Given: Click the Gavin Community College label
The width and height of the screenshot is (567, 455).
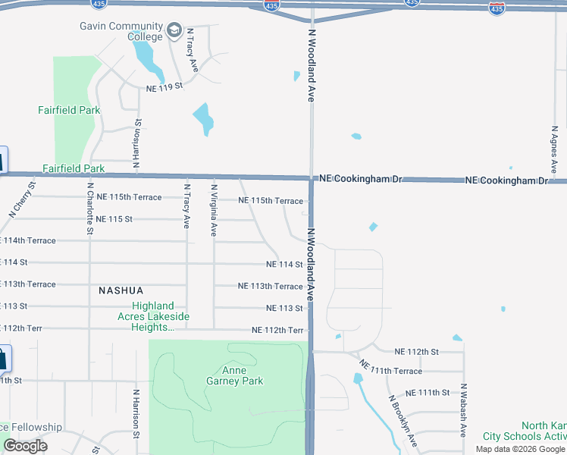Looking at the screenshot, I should click(x=121, y=31).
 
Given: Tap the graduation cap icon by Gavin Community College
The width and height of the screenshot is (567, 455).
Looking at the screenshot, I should click(x=174, y=31).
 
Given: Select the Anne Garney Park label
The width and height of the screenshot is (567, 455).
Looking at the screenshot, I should click(x=234, y=375).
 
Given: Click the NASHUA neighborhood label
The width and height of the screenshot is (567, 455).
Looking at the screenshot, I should click(x=121, y=290).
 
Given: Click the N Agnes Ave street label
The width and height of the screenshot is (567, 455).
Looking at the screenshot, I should click(x=554, y=147).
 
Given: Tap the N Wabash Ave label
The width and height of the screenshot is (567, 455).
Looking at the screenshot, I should click(x=462, y=416).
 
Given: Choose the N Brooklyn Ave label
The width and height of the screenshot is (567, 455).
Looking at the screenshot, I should click(x=403, y=419).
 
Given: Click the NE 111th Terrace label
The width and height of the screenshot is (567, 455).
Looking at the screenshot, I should click(x=391, y=369).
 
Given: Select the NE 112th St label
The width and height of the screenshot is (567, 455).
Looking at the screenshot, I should click(x=417, y=352).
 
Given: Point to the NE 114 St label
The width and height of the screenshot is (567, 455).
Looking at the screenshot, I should click(x=284, y=265).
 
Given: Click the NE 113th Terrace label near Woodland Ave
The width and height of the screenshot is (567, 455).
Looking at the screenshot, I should click(x=270, y=287).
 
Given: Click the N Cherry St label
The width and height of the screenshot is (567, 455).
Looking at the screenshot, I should click(x=23, y=199).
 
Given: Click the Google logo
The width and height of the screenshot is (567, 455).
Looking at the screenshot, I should click(x=25, y=446).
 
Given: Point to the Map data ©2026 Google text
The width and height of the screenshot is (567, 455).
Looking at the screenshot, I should click(x=520, y=449).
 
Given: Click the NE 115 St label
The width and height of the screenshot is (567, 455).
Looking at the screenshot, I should click(x=114, y=219).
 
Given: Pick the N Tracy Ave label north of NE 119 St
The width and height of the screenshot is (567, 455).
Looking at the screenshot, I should click(x=193, y=51).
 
